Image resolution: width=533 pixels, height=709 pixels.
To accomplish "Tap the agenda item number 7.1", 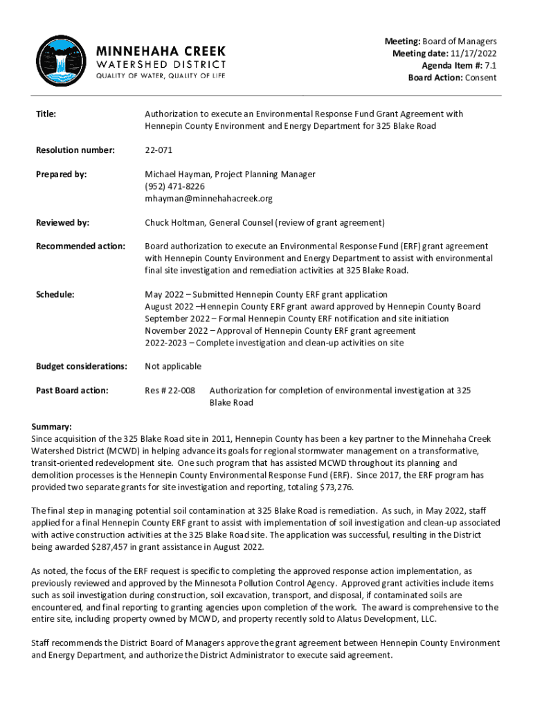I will pyautogui.click(x=490, y=66).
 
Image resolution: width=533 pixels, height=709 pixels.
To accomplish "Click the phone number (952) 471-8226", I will pyautogui.click(x=174, y=186).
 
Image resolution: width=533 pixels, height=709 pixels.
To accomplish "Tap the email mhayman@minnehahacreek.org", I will pyautogui.click(x=208, y=198).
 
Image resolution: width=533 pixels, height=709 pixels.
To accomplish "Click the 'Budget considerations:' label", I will pyautogui.click(x=81, y=366).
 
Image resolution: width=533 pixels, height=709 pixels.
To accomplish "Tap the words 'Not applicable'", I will pyautogui.click(x=173, y=366).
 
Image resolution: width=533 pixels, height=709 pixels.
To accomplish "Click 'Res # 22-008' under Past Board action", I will pyautogui.click(x=170, y=391).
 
